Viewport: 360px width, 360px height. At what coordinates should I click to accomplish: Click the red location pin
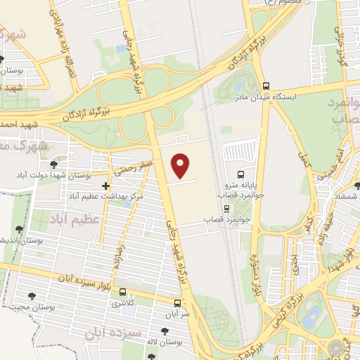[x=181, y=165]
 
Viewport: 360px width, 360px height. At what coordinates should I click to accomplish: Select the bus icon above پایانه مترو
[x=241, y=173]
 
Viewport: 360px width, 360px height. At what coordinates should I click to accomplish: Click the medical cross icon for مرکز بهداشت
[x=105, y=186]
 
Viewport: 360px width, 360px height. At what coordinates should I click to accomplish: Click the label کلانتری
[x=124, y=304]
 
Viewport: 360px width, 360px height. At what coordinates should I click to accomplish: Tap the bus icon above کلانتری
[x=124, y=292]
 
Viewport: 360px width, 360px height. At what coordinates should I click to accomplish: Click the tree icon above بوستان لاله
[x=164, y=331]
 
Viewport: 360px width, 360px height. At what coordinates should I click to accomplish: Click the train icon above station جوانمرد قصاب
[x=226, y=208]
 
